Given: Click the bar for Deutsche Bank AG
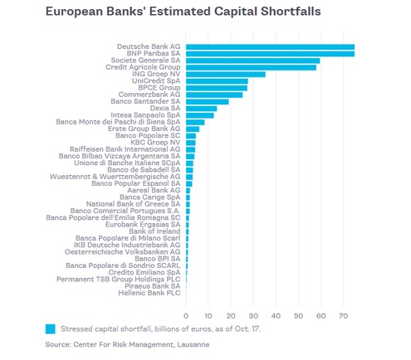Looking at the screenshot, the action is (270, 47).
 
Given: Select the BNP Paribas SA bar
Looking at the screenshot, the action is (270, 54).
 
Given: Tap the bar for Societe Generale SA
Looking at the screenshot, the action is (253, 61).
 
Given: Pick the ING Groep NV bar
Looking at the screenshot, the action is (226, 75).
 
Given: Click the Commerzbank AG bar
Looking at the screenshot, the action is (214, 95).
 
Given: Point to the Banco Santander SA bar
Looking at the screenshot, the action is (208, 102).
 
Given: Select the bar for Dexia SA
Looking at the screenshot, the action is (201, 109).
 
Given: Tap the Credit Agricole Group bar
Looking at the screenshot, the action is (251, 67).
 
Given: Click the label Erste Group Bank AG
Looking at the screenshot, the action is (144, 129).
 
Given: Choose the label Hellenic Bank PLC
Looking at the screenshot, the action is (149, 293).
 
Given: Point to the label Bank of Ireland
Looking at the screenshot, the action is (154, 231).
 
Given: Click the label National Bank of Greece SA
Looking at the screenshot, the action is (133, 204).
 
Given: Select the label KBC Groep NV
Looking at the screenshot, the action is (155, 143).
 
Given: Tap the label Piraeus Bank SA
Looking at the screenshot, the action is (153, 286).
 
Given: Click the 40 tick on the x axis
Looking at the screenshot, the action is (276, 316).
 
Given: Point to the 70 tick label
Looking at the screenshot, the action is (343, 316).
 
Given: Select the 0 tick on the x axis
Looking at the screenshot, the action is (186, 316).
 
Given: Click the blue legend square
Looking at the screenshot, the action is (51, 329).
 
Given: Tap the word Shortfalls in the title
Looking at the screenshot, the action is (291, 12).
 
